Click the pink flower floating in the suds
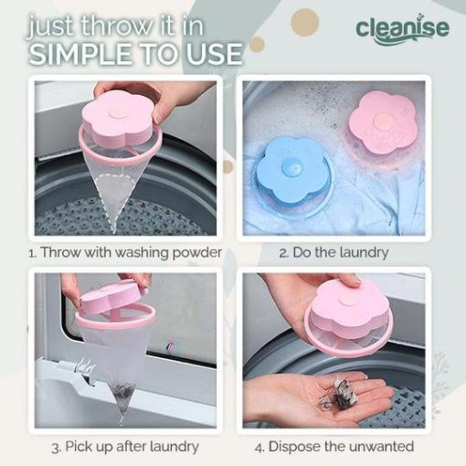(383, 122)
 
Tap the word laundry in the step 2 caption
(364, 253)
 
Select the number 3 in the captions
(56, 448)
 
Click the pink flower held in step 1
(117, 117)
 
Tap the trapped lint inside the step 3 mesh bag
(122, 392)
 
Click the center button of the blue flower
(292, 167)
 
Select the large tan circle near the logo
(304, 23)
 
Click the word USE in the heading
(215, 54)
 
